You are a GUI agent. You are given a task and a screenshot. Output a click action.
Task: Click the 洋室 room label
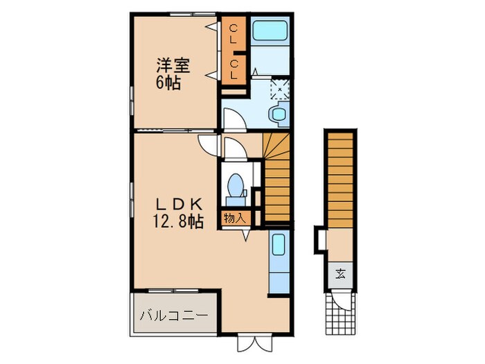(x=173, y=67)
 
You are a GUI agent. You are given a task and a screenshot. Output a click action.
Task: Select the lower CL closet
(x=234, y=69)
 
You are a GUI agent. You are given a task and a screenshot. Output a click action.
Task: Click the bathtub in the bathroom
(x=272, y=31)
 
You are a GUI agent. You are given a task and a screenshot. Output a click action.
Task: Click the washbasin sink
(x=279, y=115)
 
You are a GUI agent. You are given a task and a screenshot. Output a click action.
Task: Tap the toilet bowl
(x=236, y=186)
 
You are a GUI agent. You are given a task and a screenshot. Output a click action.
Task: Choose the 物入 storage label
(x=234, y=218)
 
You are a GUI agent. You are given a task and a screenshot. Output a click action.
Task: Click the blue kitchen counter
(x=277, y=263)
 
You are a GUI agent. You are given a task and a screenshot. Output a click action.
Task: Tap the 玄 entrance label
(x=341, y=272)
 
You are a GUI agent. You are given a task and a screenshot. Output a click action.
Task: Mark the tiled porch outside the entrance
(x=340, y=324)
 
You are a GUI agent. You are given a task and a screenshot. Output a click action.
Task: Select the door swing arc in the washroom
(x=233, y=119)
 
